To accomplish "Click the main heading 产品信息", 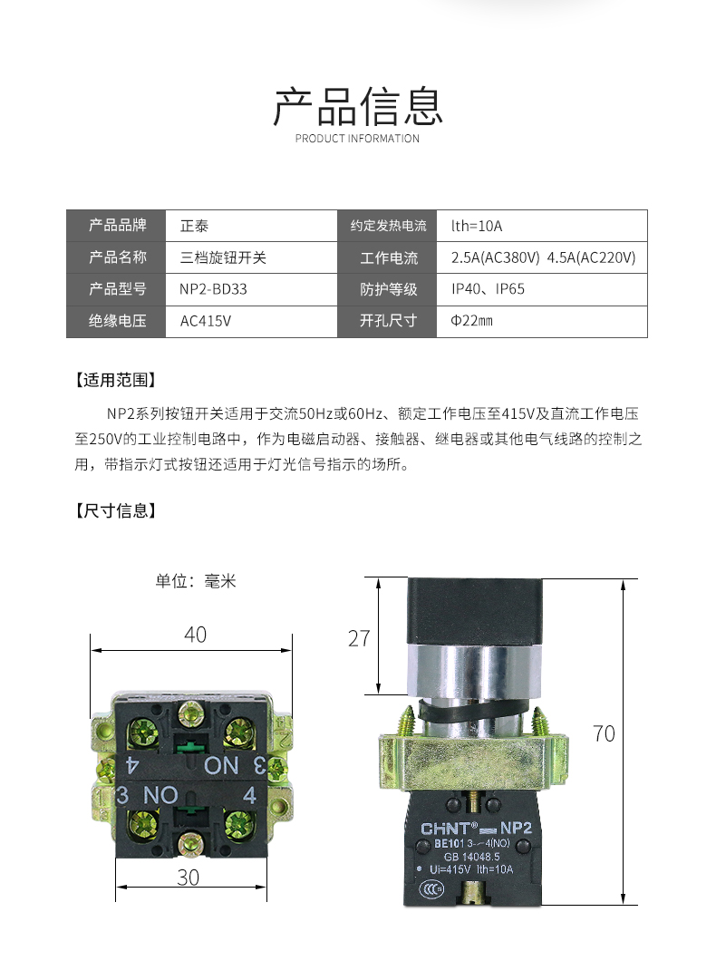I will (x=358, y=106).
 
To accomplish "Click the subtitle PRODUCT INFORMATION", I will (x=358, y=139).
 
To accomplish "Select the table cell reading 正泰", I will (x=195, y=226).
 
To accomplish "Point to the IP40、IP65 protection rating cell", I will (x=488, y=289).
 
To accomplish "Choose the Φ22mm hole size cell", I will (x=471, y=321).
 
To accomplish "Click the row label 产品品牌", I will (x=117, y=226).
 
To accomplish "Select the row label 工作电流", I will (x=389, y=258).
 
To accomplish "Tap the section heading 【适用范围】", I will (x=116, y=380).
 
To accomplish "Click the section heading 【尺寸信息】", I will (x=116, y=510).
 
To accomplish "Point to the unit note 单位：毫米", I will (x=196, y=581).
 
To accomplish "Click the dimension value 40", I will (x=195, y=635).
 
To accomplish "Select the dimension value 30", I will (x=188, y=878).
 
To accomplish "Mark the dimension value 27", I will (x=360, y=638).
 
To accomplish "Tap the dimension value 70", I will (x=604, y=733).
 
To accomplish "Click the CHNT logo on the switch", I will (x=449, y=827).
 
